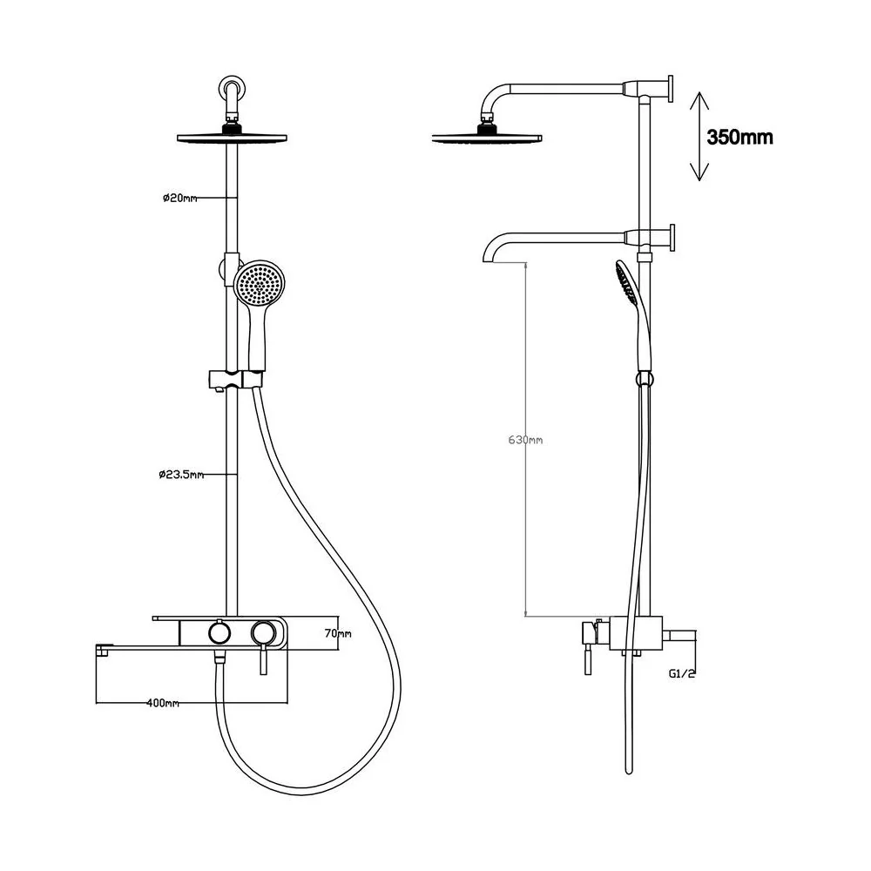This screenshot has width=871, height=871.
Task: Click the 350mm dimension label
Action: tap(739, 137)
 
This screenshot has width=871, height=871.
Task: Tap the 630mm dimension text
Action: tap(525, 440)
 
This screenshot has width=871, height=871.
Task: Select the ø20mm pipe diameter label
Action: tap(180, 198)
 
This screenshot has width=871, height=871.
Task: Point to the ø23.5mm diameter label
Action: tap(181, 475)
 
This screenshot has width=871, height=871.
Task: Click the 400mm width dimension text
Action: tap(163, 703)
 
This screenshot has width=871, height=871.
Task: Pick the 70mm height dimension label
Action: tap(338, 633)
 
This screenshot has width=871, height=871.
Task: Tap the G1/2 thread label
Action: tap(682, 674)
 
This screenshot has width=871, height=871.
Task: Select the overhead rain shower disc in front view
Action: tap(232, 138)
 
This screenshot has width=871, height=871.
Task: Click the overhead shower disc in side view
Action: tap(487, 138)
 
